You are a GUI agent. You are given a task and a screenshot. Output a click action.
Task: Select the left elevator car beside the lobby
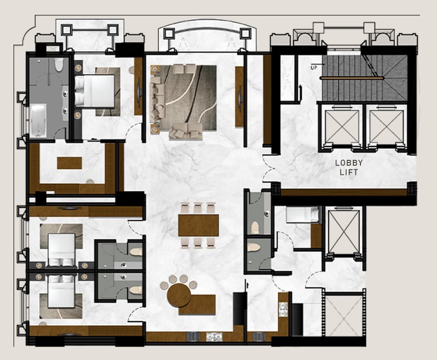pyautogui.click(x=341, y=126)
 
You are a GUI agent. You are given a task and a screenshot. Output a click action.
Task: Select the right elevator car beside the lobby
pyautogui.click(x=387, y=126)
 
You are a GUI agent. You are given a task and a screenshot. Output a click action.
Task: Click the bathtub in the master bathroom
pyautogui.click(x=38, y=120)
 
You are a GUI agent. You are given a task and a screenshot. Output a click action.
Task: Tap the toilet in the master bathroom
pyautogui.click(x=59, y=65)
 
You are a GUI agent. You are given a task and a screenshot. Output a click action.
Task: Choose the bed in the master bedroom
pyautogui.click(x=95, y=91)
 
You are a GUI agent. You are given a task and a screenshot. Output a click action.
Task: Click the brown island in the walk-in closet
pyautogui.click(x=69, y=163)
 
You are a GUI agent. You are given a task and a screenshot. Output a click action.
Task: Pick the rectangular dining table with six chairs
pyautogui.click(x=198, y=225)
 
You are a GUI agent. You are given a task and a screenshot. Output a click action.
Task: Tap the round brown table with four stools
pyautogui.click(x=179, y=295)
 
